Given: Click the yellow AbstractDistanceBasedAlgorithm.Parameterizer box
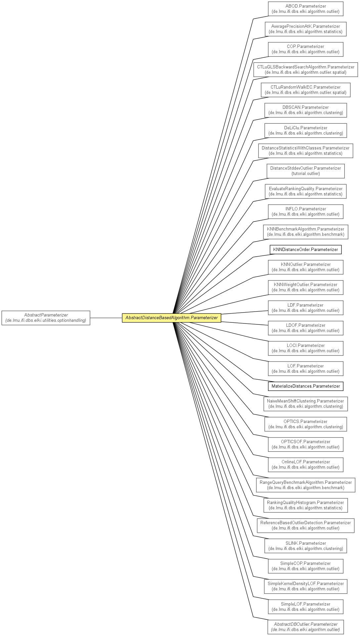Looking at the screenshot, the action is pyautogui.click(x=171, y=318).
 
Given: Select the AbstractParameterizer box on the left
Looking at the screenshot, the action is pyautogui.click(x=46, y=318).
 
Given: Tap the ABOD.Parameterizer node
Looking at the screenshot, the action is pyautogui.click(x=305, y=9).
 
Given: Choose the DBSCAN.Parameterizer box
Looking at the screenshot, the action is pyautogui.click(x=305, y=110).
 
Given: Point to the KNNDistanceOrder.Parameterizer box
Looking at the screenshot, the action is pyautogui.click(x=305, y=250).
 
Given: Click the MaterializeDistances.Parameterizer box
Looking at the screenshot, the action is pyautogui.click(x=305, y=386).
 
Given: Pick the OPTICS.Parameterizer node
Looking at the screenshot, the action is pyautogui.click(x=305, y=424).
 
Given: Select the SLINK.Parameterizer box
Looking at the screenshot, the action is pyautogui.click(x=305, y=546).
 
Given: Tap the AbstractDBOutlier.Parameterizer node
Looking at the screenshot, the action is pyautogui.click(x=305, y=627).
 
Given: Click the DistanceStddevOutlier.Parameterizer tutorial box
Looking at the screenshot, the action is pyautogui.click(x=305, y=171).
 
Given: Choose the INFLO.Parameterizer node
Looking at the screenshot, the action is pyautogui.click(x=305, y=212).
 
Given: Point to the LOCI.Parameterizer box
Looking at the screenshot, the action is pyautogui.click(x=305, y=348).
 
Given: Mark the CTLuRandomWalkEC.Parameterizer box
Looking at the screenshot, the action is pyautogui.click(x=305, y=90).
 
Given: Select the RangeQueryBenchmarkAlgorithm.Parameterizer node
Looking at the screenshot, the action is pyautogui.click(x=305, y=485).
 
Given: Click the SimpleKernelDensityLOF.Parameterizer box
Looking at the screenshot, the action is pyautogui.click(x=305, y=586).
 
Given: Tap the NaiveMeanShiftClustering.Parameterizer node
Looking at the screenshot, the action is pyautogui.click(x=305, y=404).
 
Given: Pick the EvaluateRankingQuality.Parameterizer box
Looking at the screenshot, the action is pyautogui.click(x=305, y=191).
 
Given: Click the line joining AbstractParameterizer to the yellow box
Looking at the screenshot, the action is pyautogui.click(x=106, y=318).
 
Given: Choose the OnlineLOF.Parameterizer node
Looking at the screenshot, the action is pyautogui.click(x=305, y=465).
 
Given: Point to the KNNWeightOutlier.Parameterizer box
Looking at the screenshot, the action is pyautogui.click(x=305, y=287).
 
